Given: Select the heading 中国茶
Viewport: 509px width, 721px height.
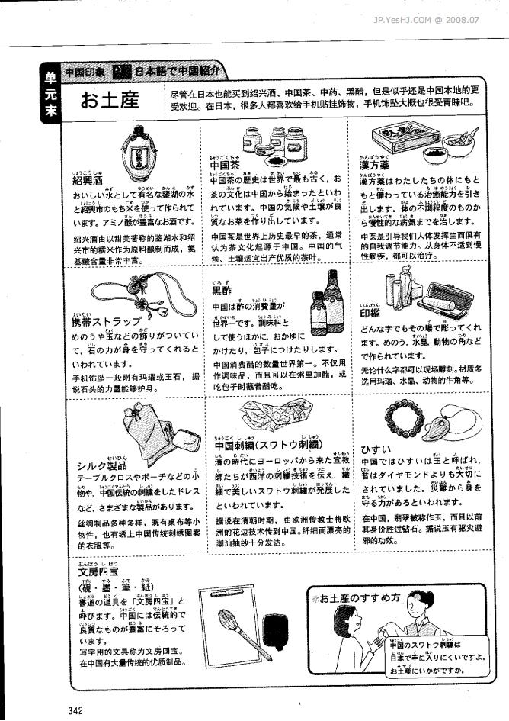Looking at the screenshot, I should click(x=226, y=165).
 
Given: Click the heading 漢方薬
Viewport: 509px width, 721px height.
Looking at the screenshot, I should click(x=376, y=165).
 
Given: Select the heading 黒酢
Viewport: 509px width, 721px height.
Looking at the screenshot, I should click(x=222, y=290).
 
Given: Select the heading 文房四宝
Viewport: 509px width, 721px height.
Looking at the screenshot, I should click(x=98, y=571).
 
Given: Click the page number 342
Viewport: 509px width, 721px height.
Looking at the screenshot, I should click(x=75, y=710).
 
